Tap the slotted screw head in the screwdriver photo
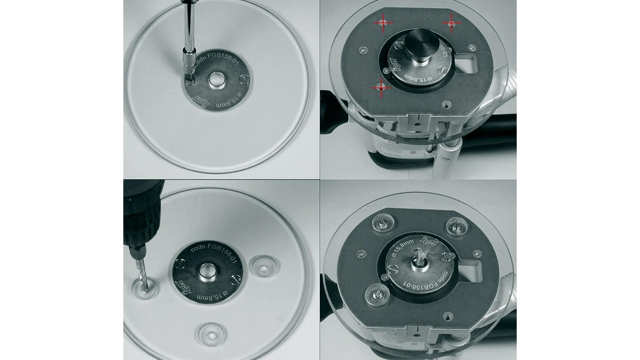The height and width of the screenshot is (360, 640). click(x=245, y=79)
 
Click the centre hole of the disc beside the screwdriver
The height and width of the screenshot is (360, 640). click(x=216, y=80)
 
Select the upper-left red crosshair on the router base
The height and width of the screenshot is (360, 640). click(x=383, y=23)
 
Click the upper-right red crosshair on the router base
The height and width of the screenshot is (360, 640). click(x=452, y=23)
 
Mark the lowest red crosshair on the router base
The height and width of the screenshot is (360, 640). click(x=381, y=88)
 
